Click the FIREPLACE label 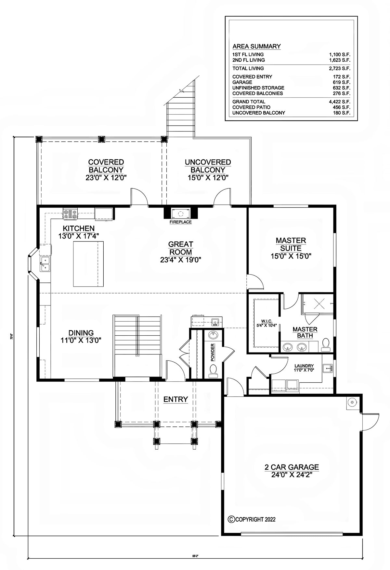tap(181, 222)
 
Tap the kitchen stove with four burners tap(70, 214)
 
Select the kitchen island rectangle tap(88, 264)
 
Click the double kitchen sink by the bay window tap(45, 264)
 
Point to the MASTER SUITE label tap(291, 248)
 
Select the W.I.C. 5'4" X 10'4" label tap(266, 323)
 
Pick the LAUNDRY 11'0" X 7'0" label tap(304, 368)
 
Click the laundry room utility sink tap(327, 368)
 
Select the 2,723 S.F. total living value tap(339, 68)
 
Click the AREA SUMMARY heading tap(256, 46)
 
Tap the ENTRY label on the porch tap(175, 399)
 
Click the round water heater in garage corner tap(352, 403)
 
